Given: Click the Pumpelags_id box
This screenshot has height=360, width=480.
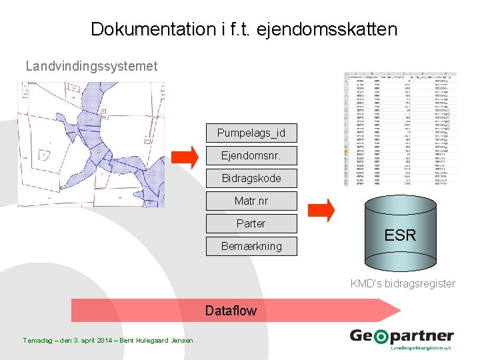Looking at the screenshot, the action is click(x=251, y=133).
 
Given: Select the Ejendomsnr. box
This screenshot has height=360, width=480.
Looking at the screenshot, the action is click(x=251, y=155).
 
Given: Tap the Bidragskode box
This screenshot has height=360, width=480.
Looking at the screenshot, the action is click(x=251, y=178).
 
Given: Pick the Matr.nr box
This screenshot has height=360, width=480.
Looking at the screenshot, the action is click(x=251, y=201).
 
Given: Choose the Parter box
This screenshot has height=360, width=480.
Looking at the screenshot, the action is click(x=251, y=223).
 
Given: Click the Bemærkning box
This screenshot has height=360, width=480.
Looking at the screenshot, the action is click(x=251, y=246).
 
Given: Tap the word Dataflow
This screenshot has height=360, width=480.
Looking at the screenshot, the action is click(x=231, y=311).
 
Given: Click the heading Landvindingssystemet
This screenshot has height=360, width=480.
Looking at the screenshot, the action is click(x=91, y=66).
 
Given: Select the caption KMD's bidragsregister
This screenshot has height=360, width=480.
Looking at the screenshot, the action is click(x=403, y=283).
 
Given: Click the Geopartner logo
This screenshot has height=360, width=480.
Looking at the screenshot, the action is click(x=402, y=339).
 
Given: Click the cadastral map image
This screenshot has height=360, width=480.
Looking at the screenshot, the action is click(x=91, y=145).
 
